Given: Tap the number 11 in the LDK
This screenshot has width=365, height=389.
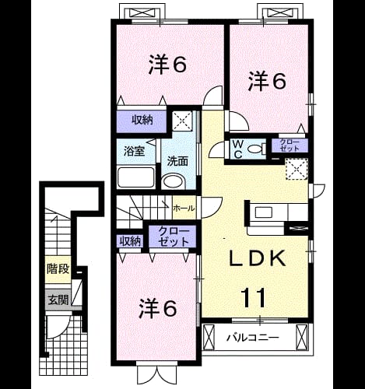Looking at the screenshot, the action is point(254,297).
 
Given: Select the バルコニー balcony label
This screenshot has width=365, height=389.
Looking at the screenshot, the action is point(253,338).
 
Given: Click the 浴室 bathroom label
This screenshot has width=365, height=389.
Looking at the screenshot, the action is point(134,151).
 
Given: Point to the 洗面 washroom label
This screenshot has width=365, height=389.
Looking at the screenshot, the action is point(177,161).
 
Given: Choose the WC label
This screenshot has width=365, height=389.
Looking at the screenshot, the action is point(238,149).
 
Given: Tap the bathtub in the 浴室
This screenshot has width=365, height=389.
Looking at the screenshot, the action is point(136,177).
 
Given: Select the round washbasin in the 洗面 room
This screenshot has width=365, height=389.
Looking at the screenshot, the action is point(174,181).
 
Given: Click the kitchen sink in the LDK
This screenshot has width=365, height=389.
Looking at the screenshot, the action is point(264,212).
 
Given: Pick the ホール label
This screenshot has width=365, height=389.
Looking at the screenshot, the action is point(184,208).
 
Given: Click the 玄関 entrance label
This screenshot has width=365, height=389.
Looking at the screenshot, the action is point(58,300).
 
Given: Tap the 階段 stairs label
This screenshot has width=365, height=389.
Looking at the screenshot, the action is point(58,269).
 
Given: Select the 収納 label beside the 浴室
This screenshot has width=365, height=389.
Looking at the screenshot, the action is point(142,120).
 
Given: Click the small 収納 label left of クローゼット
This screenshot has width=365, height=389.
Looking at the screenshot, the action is point(131,241).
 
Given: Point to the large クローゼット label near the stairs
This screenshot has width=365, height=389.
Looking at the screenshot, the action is point(173,237).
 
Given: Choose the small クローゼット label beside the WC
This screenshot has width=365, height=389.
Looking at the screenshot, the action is point(290,145).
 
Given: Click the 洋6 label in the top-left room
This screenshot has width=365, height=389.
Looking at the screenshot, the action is point(167,65).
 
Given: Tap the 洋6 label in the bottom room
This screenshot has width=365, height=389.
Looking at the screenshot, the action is point(158,308).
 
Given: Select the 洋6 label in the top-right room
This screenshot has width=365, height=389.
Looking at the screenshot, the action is point(267,81).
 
